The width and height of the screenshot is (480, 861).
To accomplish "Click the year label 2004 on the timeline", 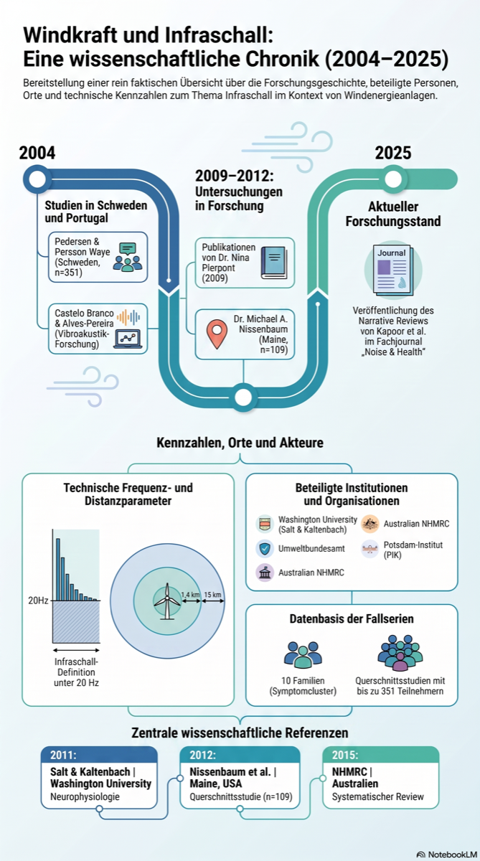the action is point(37,153).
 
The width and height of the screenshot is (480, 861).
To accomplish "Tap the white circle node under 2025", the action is point(393,179).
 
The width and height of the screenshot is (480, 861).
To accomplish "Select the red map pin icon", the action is point(217,334).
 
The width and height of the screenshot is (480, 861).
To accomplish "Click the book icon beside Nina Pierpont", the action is point(274,263).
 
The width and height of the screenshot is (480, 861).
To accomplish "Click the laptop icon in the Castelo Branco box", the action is point(128,339).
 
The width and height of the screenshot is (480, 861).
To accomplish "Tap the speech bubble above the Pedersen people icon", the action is point(128,249).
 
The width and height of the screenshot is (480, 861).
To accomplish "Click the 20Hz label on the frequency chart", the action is point(38,601).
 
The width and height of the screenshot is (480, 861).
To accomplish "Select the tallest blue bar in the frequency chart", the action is point(58,569).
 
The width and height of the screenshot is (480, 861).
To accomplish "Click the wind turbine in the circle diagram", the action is point(167,601).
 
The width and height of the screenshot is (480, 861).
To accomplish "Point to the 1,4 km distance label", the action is point(190,595).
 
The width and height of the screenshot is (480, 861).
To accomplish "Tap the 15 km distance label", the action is point(212,595).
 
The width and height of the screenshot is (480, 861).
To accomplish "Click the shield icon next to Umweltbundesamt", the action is point(265,548).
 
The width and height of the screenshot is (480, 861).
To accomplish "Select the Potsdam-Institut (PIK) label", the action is point(413,550).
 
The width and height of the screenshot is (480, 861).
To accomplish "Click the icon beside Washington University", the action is point(265,524).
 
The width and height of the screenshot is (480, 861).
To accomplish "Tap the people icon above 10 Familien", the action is point(303,654).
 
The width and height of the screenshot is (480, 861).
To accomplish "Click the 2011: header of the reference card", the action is point(63,755).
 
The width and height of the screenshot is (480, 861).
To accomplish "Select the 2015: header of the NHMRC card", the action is point(345,755).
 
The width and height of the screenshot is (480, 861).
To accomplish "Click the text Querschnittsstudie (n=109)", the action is point(241,796).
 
